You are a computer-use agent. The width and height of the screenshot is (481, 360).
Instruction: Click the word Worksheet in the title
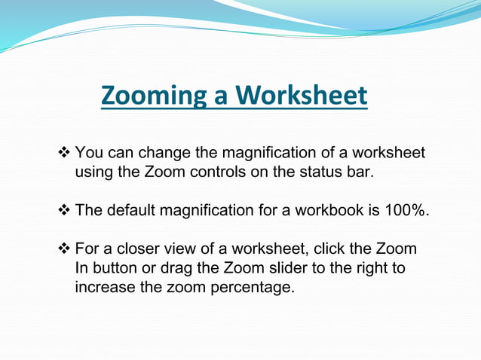tap(301, 96)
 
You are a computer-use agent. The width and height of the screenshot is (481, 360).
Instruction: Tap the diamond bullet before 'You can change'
tap(64, 153)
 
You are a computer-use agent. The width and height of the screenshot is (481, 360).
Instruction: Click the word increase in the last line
tap(102, 288)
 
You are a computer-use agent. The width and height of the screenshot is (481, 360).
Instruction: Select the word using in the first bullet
tap(96, 172)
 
